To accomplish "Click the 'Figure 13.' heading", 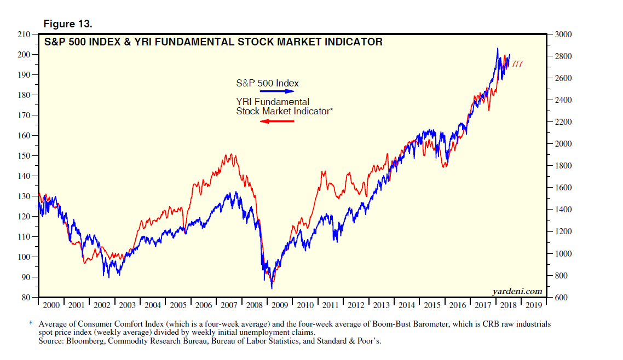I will click(68, 25).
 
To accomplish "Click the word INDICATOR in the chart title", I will click(353, 42).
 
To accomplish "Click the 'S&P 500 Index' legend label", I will click(267, 83).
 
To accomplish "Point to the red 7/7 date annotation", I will click(517, 64).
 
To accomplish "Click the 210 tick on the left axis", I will click(25, 34).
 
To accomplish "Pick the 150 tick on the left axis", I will click(25, 156).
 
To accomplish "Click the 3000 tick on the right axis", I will click(563, 34).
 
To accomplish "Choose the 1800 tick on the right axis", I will click(563, 166).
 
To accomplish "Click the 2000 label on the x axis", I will click(51, 305).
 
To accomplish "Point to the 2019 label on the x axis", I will click(534, 305).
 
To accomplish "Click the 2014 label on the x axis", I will click(406, 305).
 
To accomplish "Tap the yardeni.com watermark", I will click(517, 291).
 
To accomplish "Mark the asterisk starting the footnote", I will click(31, 324).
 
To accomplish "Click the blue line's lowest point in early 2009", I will click(272, 288).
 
